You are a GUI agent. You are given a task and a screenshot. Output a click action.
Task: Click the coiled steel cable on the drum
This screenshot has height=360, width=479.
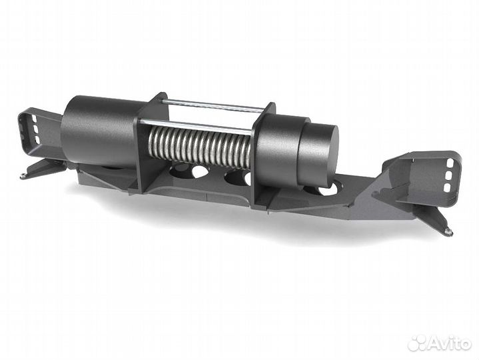pos(200,145)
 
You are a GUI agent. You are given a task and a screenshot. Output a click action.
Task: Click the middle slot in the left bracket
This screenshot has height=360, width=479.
pos(35,129)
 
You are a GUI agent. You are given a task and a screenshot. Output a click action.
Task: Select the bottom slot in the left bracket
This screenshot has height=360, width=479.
pos(37,139)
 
